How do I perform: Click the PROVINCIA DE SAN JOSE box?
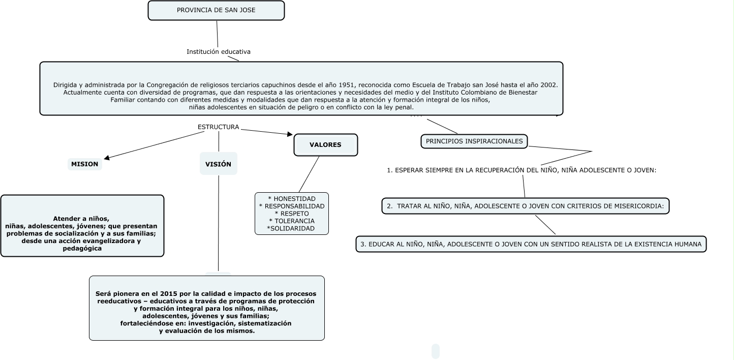tap(216, 10)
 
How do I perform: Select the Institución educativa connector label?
tap(218, 52)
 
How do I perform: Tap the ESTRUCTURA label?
tap(218, 127)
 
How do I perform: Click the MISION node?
tap(84, 164)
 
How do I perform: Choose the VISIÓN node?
tap(218, 164)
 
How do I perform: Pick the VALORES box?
tap(325, 145)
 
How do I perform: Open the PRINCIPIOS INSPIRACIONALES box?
tap(474, 141)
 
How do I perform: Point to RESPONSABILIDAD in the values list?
tap(294, 206)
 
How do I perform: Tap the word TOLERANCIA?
tap(294, 221)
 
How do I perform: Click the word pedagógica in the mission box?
tap(82, 249)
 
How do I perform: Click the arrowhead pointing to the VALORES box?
tap(290, 135)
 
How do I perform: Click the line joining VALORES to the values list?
tap(309, 174)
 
